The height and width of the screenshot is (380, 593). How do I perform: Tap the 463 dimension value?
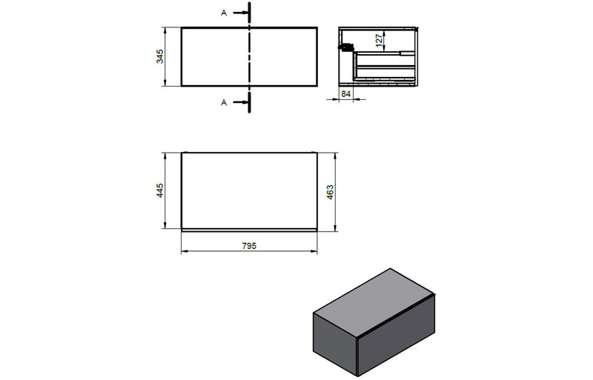pos(331,191)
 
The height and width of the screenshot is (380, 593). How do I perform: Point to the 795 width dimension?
pos(249,245)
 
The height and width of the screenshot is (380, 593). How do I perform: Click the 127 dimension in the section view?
pos(379,41)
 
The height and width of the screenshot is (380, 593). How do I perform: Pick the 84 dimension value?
pos(345,94)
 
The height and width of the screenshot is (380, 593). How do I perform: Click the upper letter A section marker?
pos(224,13)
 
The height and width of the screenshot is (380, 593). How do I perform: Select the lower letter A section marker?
pos(224,103)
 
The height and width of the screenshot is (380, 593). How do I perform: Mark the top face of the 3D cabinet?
pos(375,296)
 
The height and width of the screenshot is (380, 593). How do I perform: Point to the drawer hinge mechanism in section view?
pos(343,47)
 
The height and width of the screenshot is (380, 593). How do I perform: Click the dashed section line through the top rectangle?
pos(250,57)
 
